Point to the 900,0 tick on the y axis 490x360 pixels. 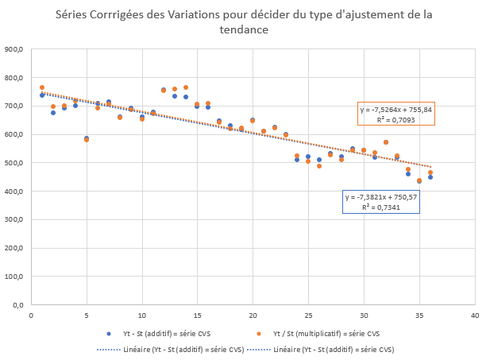tap(14, 49)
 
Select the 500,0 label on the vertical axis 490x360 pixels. tap(14, 163)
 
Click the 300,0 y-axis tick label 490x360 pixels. tap(14, 219)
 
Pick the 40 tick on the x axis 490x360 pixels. tap(475, 315)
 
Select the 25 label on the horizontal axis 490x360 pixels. tap(308, 315)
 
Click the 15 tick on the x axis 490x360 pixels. tap(197, 315)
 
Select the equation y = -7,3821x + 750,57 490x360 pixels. tap(380, 196)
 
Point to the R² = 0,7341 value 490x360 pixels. tap(380, 206)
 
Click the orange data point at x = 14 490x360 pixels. tap(186, 87)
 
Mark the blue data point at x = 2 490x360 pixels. tap(53, 113)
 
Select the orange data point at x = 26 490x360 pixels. tap(319, 166)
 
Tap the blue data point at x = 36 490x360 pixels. tap(430, 177)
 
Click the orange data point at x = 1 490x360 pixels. tap(42, 87)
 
